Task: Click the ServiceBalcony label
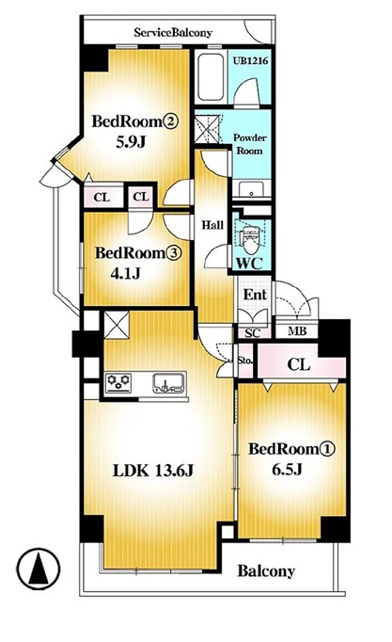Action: pos(173,32)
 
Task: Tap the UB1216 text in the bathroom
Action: pos(251,60)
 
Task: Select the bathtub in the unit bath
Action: pos(211,77)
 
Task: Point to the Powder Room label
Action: pos(250,144)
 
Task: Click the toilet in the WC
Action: pos(250,239)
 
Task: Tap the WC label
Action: pos(249,264)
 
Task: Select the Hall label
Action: pos(213,225)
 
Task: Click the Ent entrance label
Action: pos(255,294)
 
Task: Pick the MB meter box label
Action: pos(297,330)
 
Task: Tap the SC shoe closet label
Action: pos(252,333)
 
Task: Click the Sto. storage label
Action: pos(244,361)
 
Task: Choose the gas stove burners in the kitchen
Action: pos(118,382)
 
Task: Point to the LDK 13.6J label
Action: pos(153,471)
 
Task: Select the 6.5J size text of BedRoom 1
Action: pos(287,470)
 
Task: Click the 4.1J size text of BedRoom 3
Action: pos(125,273)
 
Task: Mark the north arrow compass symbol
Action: pos(39,569)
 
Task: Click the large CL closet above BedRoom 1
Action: pos(301,364)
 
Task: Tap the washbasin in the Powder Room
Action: pos(251,188)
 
